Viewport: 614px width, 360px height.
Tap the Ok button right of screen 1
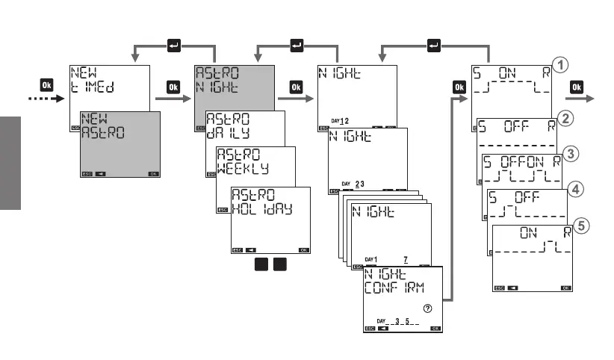[174, 86]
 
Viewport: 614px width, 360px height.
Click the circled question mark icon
[427, 308]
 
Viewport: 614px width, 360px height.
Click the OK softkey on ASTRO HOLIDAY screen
[303, 250]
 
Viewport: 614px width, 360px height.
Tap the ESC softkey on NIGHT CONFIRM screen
[369, 328]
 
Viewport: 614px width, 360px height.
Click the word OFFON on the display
[523, 160]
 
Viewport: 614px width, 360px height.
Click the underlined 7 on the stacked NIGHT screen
[406, 258]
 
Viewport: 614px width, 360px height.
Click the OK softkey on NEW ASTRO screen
[153, 173]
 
